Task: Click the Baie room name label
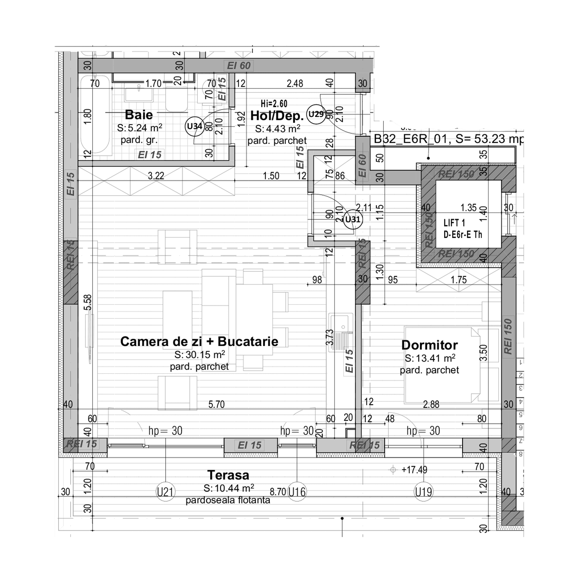[139, 115]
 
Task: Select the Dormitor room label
[429, 345]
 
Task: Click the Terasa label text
[228, 475]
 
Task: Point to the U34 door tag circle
[194, 126]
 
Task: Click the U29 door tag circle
[316, 114]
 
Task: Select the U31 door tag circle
[352, 219]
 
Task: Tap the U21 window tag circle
[166, 492]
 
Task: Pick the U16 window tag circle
[297, 492]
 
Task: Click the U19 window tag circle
[423, 492]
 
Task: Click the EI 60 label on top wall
[239, 65]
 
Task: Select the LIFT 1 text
[454, 223]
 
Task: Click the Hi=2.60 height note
[274, 104]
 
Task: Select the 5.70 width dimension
[216, 404]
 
